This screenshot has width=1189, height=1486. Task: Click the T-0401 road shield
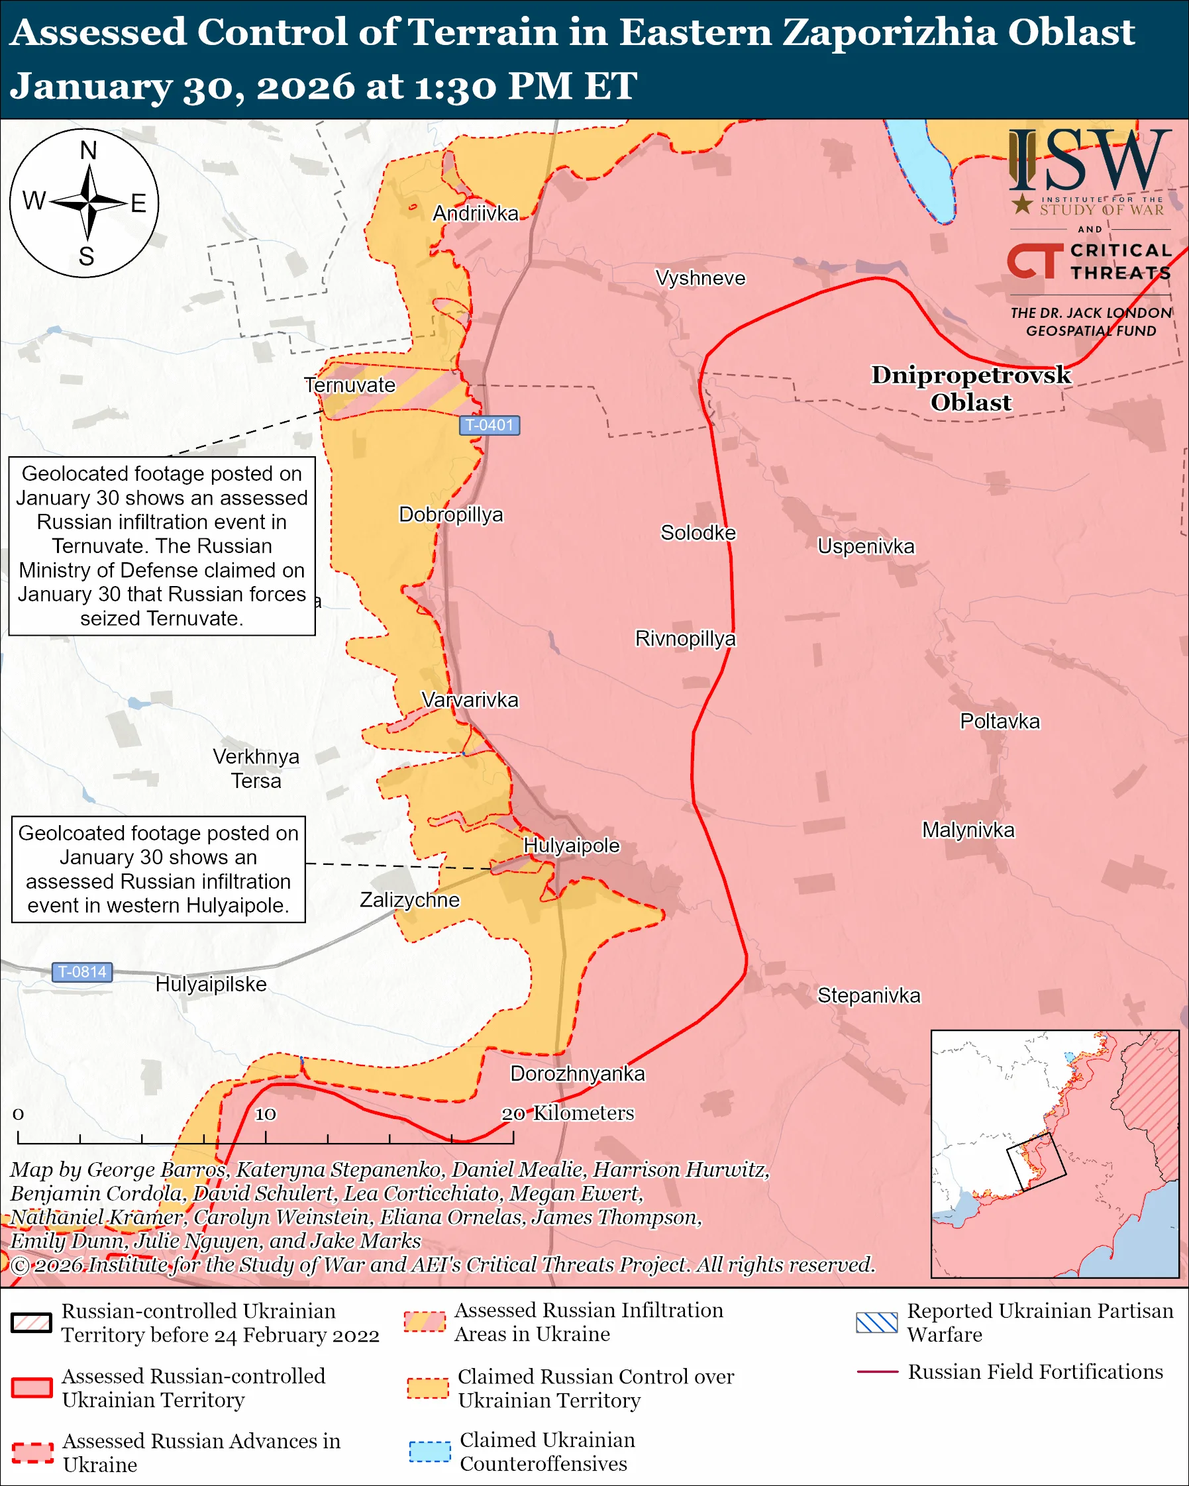(x=490, y=425)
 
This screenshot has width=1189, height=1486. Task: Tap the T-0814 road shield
(x=82, y=972)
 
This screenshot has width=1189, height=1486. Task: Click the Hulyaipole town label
(x=572, y=846)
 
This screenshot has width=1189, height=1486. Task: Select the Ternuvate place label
(x=350, y=385)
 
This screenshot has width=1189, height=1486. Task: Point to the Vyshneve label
(x=700, y=278)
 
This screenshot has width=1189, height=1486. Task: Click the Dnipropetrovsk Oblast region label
(x=970, y=388)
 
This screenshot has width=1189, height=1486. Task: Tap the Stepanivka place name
(x=868, y=995)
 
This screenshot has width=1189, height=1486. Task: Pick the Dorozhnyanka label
(x=578, y=1074)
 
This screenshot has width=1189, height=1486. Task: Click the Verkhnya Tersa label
(x=256, y=769)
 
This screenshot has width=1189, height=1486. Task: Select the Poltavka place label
(x=1000, y=722)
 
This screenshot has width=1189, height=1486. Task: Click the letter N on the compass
(x=88, y=150)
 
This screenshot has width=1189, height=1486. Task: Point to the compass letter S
(x=86, y=257)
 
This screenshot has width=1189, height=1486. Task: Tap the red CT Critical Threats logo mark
(x=1034, y=260)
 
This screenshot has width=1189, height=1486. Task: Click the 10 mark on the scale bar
(x=266, y=1114)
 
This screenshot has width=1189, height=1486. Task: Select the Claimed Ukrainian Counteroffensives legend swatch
(x=429, y=1452)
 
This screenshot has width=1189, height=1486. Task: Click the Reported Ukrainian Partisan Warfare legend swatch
(x=877, y=1322)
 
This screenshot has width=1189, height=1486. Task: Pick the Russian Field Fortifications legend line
(x=877, y=1372)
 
